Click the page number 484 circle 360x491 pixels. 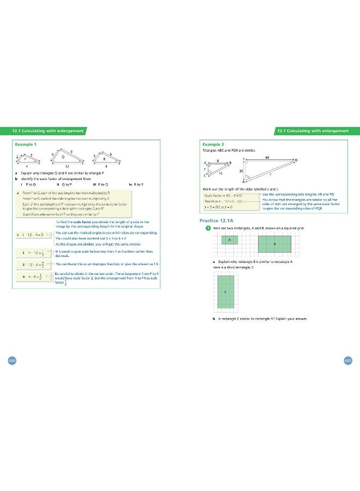click(x=11, y=361)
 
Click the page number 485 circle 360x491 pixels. click(x=348, y=361)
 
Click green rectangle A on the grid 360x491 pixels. click(x=229, y=239)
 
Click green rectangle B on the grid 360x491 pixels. click(x=274, y=243)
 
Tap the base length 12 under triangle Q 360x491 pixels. click(x=67, y=165)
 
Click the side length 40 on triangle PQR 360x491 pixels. click(x=267, y=157)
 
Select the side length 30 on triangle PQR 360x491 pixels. click(x=241, y=171)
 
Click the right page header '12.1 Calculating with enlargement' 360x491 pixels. click(x=313, y=131)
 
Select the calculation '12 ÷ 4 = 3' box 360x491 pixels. click(x=33, y=234)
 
